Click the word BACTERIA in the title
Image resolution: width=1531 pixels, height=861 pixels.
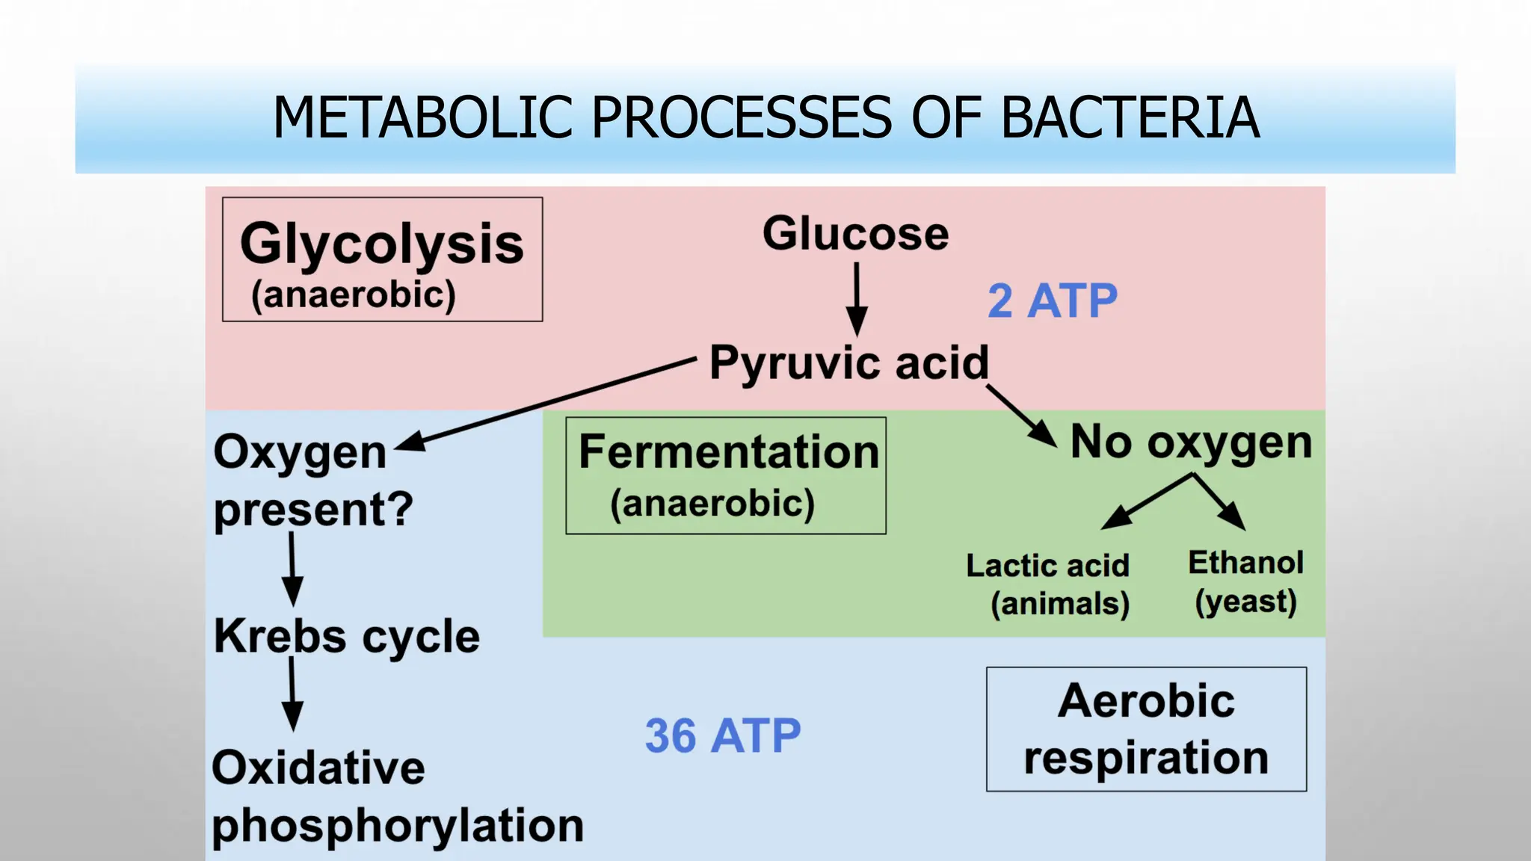pyautogui.click(x=1130, y=118)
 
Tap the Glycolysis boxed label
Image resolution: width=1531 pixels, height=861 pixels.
pyautogui.click(x=382, y=259)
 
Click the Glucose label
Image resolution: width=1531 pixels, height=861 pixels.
pyautogui.click(x=855, y=233)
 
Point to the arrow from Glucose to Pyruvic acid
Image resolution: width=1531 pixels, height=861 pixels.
pyautogui.click(x=857, y=299)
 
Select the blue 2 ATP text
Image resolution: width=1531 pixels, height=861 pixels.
pyautogui.click(x=1052, y=301)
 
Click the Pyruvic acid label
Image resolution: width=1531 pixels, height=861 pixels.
pyautogui.click(x=848, y=363)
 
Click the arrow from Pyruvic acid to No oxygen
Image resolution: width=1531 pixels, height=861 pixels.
pyautogui.click(x=1022, y=416)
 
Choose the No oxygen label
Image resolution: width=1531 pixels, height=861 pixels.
pyautogui.click(x=1191, y=442)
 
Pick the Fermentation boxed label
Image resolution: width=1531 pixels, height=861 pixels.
pyautogui.click(x=726, y=475)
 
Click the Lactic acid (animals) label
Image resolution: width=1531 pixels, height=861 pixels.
pyautogui.click(x=1048, y=584)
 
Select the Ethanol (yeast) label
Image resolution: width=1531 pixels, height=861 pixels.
pyautogui.click(x=1245, y=581)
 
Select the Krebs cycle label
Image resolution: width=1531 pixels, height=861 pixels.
pyautogui.click(x=347, y=637)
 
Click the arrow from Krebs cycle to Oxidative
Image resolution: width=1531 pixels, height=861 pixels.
pyautogui.click(x=292, y=695)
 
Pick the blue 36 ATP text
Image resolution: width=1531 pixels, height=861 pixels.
pyautogui.click(x=722, y=736)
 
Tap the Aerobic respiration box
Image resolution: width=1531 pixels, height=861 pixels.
pyautogui.click(x=1146, y=729)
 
